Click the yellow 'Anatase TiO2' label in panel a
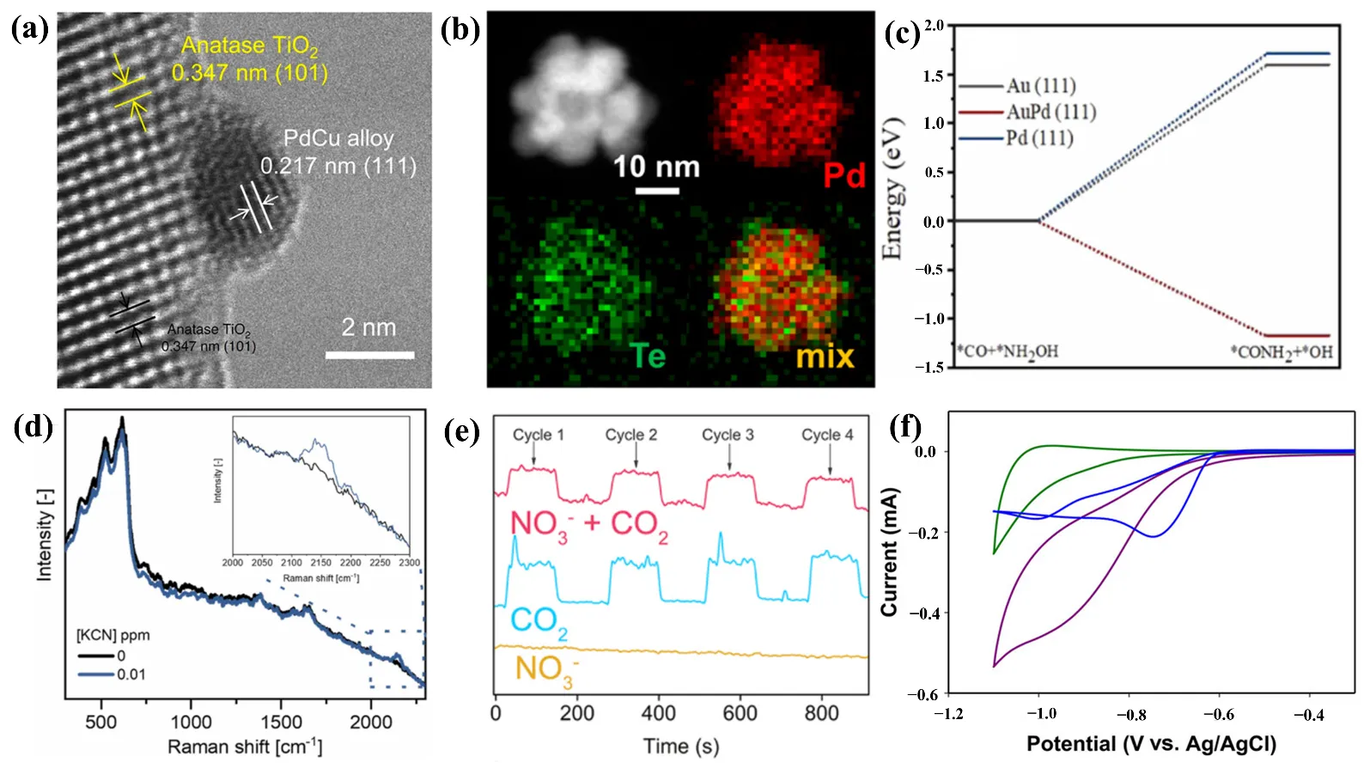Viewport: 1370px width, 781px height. click(249, 46)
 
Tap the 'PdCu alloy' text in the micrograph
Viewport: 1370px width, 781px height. click(338, 138)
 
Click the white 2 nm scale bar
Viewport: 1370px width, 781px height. click(370, 354)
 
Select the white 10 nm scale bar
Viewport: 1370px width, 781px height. click(657, 190)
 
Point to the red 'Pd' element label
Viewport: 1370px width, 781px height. click(843, 175)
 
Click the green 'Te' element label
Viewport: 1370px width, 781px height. click(648, 356)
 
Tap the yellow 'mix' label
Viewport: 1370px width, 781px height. click(825, 356)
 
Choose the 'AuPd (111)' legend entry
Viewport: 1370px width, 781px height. click(1051, 112)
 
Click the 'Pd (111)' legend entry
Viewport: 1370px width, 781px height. click(1039, 138)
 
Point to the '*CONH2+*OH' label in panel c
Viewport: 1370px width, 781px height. click(1281, 352)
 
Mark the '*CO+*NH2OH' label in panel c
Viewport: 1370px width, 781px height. click(1008, 351)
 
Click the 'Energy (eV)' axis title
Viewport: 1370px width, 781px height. click(893, 187)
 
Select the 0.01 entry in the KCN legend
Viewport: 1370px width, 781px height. click(131, 674)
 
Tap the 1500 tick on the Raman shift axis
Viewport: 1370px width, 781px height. click(281, 722)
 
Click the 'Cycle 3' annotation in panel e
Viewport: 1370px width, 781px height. click(728, 435)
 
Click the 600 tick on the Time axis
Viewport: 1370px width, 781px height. click(740, 713)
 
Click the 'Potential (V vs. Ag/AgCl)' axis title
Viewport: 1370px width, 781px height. click(1151, 744)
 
